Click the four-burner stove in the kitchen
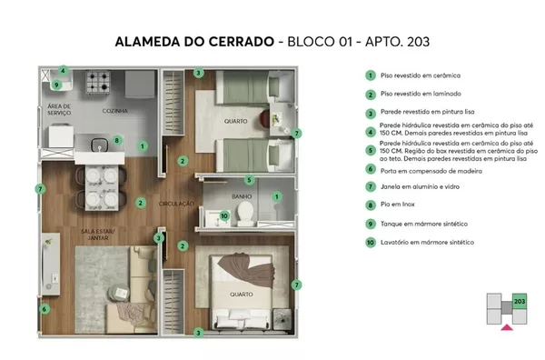(x=98, y=82)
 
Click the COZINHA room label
(x=115, y=111)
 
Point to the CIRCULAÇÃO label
(x=176, y=204)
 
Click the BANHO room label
(x=242, y=196)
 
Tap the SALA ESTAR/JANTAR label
(x=98, y=235)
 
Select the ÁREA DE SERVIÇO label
(x=59, y=109)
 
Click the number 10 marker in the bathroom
(x=224, y=216)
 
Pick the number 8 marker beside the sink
(x=117, y=141)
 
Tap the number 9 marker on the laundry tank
(x=56, y=85)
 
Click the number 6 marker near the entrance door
(x=45, y=309)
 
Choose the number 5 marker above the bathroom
(x=249, y=180)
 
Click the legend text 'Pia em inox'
(x=398, y=205)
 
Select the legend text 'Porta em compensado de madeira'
(x=431, y=171)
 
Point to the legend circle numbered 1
(x=371, y=75)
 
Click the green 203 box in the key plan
(x=520, y=301)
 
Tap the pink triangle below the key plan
(x=507, y=327)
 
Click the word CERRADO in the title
(x=242, y=42)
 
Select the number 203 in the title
(x=418, y=42)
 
